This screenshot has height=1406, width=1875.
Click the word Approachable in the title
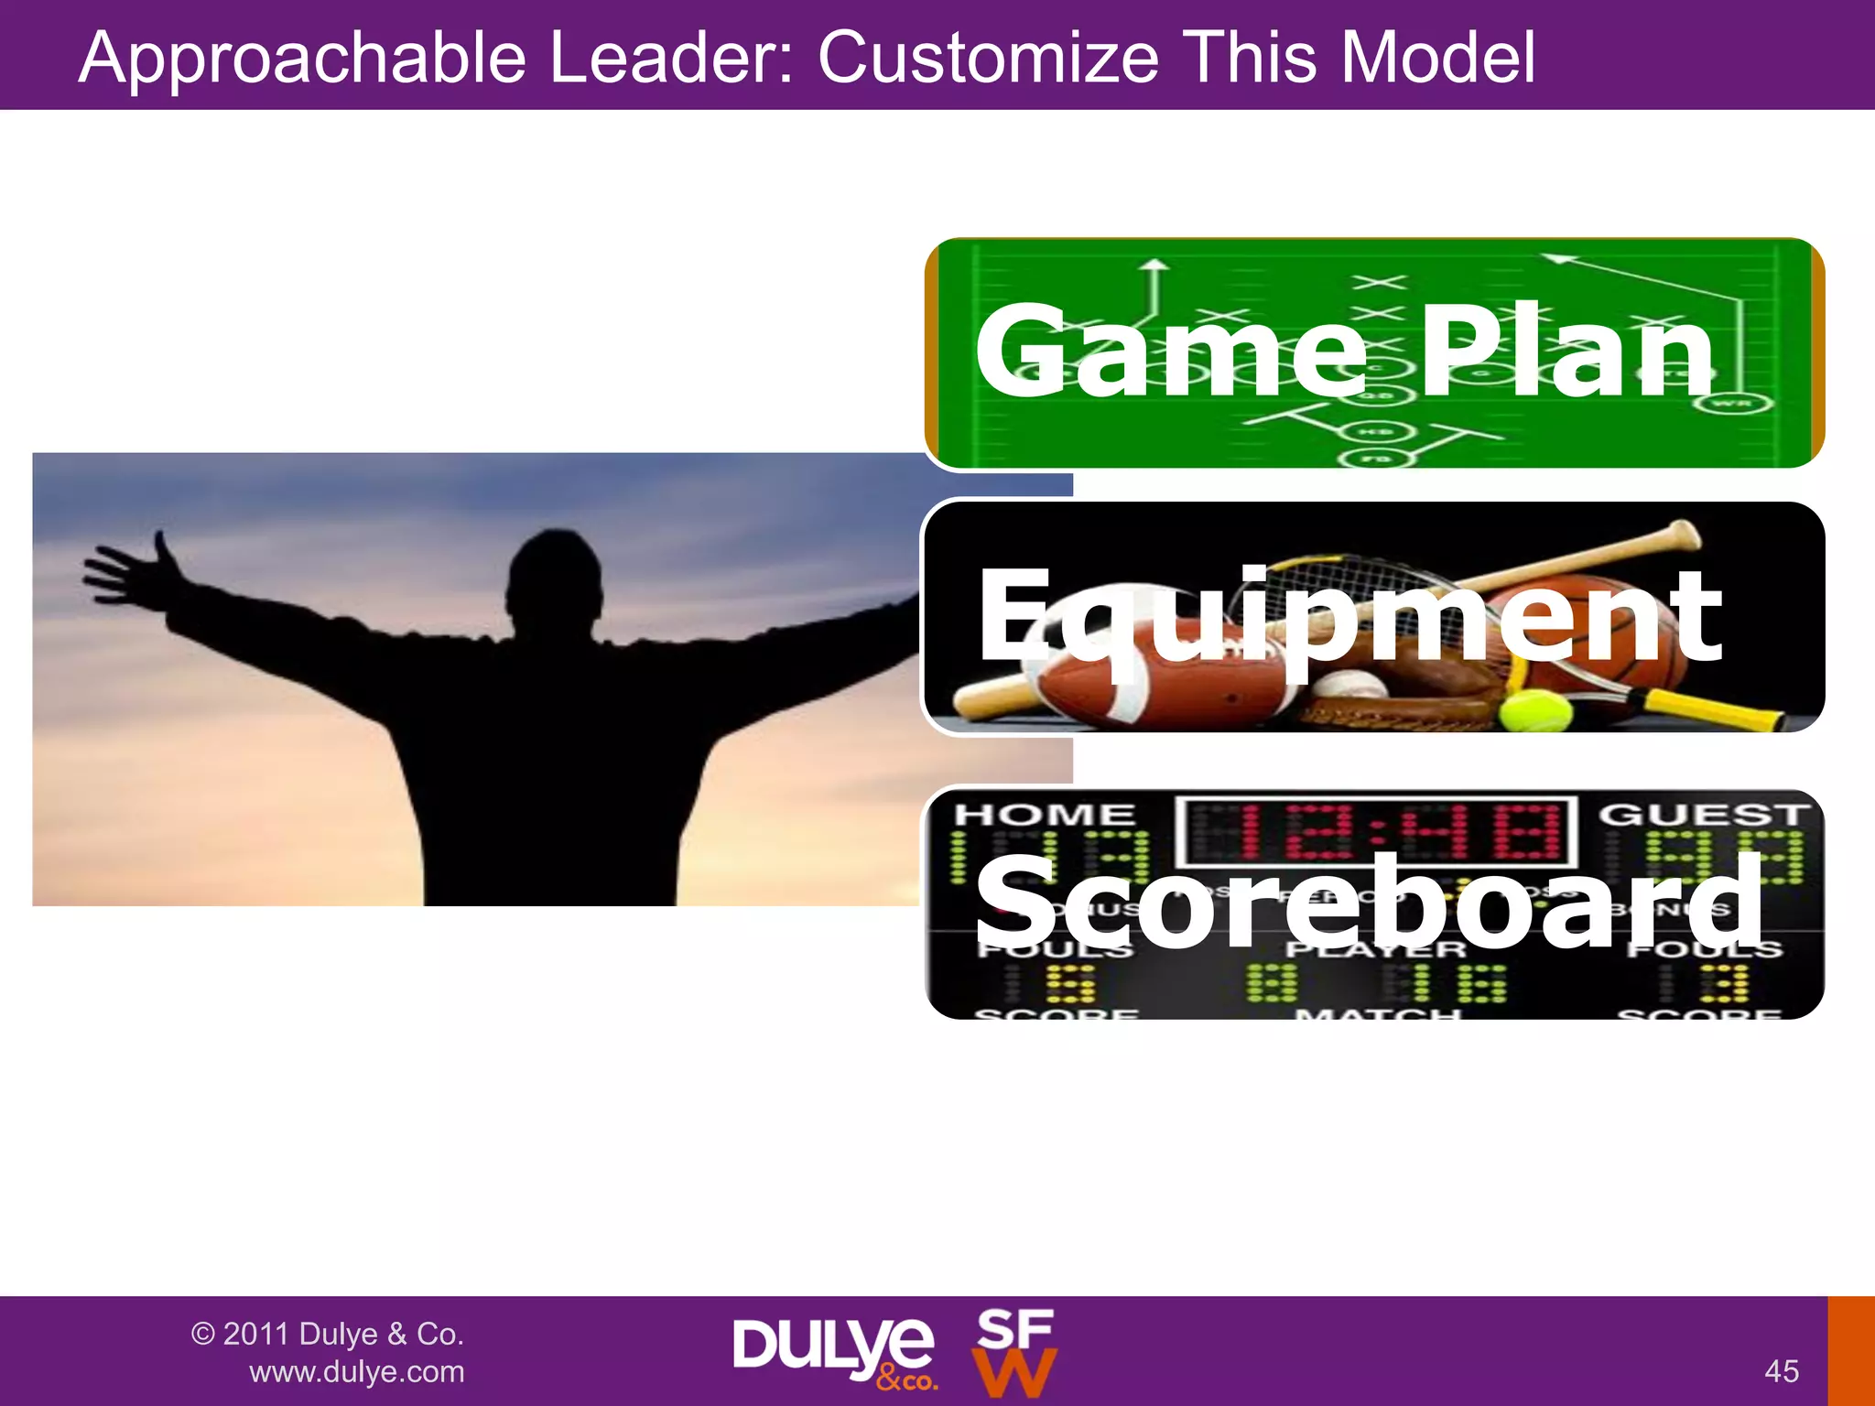[302, 59]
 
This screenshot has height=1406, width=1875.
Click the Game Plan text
[1344, 351]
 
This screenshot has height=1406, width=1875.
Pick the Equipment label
[1349, 617]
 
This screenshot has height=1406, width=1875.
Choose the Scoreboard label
[1368, 901]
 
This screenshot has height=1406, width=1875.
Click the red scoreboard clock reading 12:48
[1375, 831]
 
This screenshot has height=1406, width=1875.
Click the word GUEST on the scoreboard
[1703, 814]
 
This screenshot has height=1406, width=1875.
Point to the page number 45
[1782, 1371]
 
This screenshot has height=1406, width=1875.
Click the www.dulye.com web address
[357, 1372]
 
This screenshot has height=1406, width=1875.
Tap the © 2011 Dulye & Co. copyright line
[327, 1334]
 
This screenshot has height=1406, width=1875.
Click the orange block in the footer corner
[1851, 1351]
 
